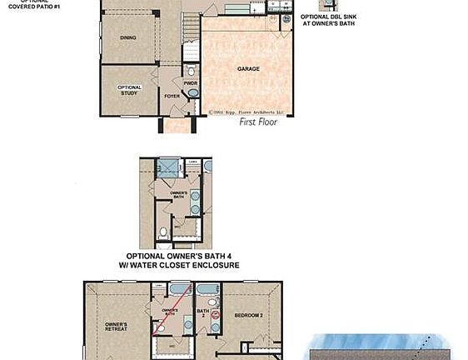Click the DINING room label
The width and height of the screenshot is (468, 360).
[x=127, y=37]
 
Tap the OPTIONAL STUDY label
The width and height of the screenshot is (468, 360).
[x=129, y=90]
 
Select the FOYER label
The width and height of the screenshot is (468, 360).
[x=172, y=96]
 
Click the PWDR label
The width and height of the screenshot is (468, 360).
[x=190, y=82]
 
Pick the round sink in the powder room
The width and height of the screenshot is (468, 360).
[x=194, y=94]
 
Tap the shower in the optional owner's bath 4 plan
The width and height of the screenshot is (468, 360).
[x=169, y=167]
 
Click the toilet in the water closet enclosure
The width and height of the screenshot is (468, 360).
[x=164, y=229]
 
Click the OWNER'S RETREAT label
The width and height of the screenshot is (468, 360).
[x=116, y=327]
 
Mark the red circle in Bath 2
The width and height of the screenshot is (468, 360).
[x=215, y=315]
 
